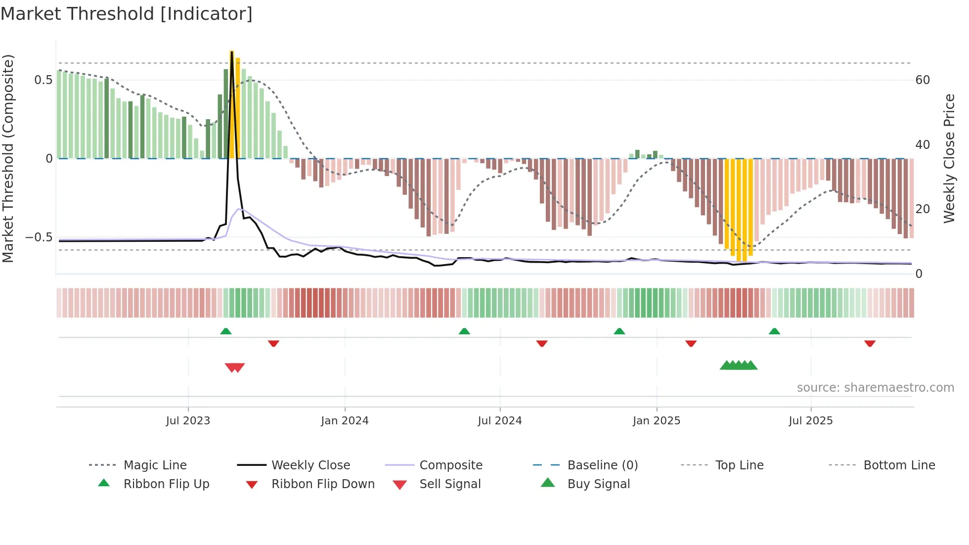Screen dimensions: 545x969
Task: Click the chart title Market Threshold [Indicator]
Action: click(x=127, y=14)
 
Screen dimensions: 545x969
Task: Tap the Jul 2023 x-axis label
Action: click(x=188, y=421)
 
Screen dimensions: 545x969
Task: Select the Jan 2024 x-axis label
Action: click(x=345, y=421)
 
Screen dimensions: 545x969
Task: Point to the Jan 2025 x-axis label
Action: click(x=657, y=421)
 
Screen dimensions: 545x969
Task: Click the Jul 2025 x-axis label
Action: click(x=811, y=421)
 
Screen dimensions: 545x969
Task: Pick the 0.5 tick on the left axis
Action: click(x=44, y=80)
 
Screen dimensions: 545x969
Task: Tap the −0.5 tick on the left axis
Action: click(x=39, y=237)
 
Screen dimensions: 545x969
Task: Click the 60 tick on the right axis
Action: click(x=923, y=80)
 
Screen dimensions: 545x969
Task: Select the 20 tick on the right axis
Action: click(x=923, y=209)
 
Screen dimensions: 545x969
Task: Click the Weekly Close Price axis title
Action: click(x=949, y=159)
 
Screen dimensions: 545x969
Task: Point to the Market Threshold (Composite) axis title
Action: click(x=8, y=159)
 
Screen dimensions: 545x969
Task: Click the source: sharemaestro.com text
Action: click(x=875, y=388)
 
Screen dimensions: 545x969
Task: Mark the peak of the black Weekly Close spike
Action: click(x=231, y=51)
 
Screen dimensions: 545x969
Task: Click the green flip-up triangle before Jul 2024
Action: click(x=464, y=331)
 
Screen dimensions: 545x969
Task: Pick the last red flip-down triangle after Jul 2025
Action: click(x=870, y=343)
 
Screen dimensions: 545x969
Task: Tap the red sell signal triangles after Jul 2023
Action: click(x=235, y=367)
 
